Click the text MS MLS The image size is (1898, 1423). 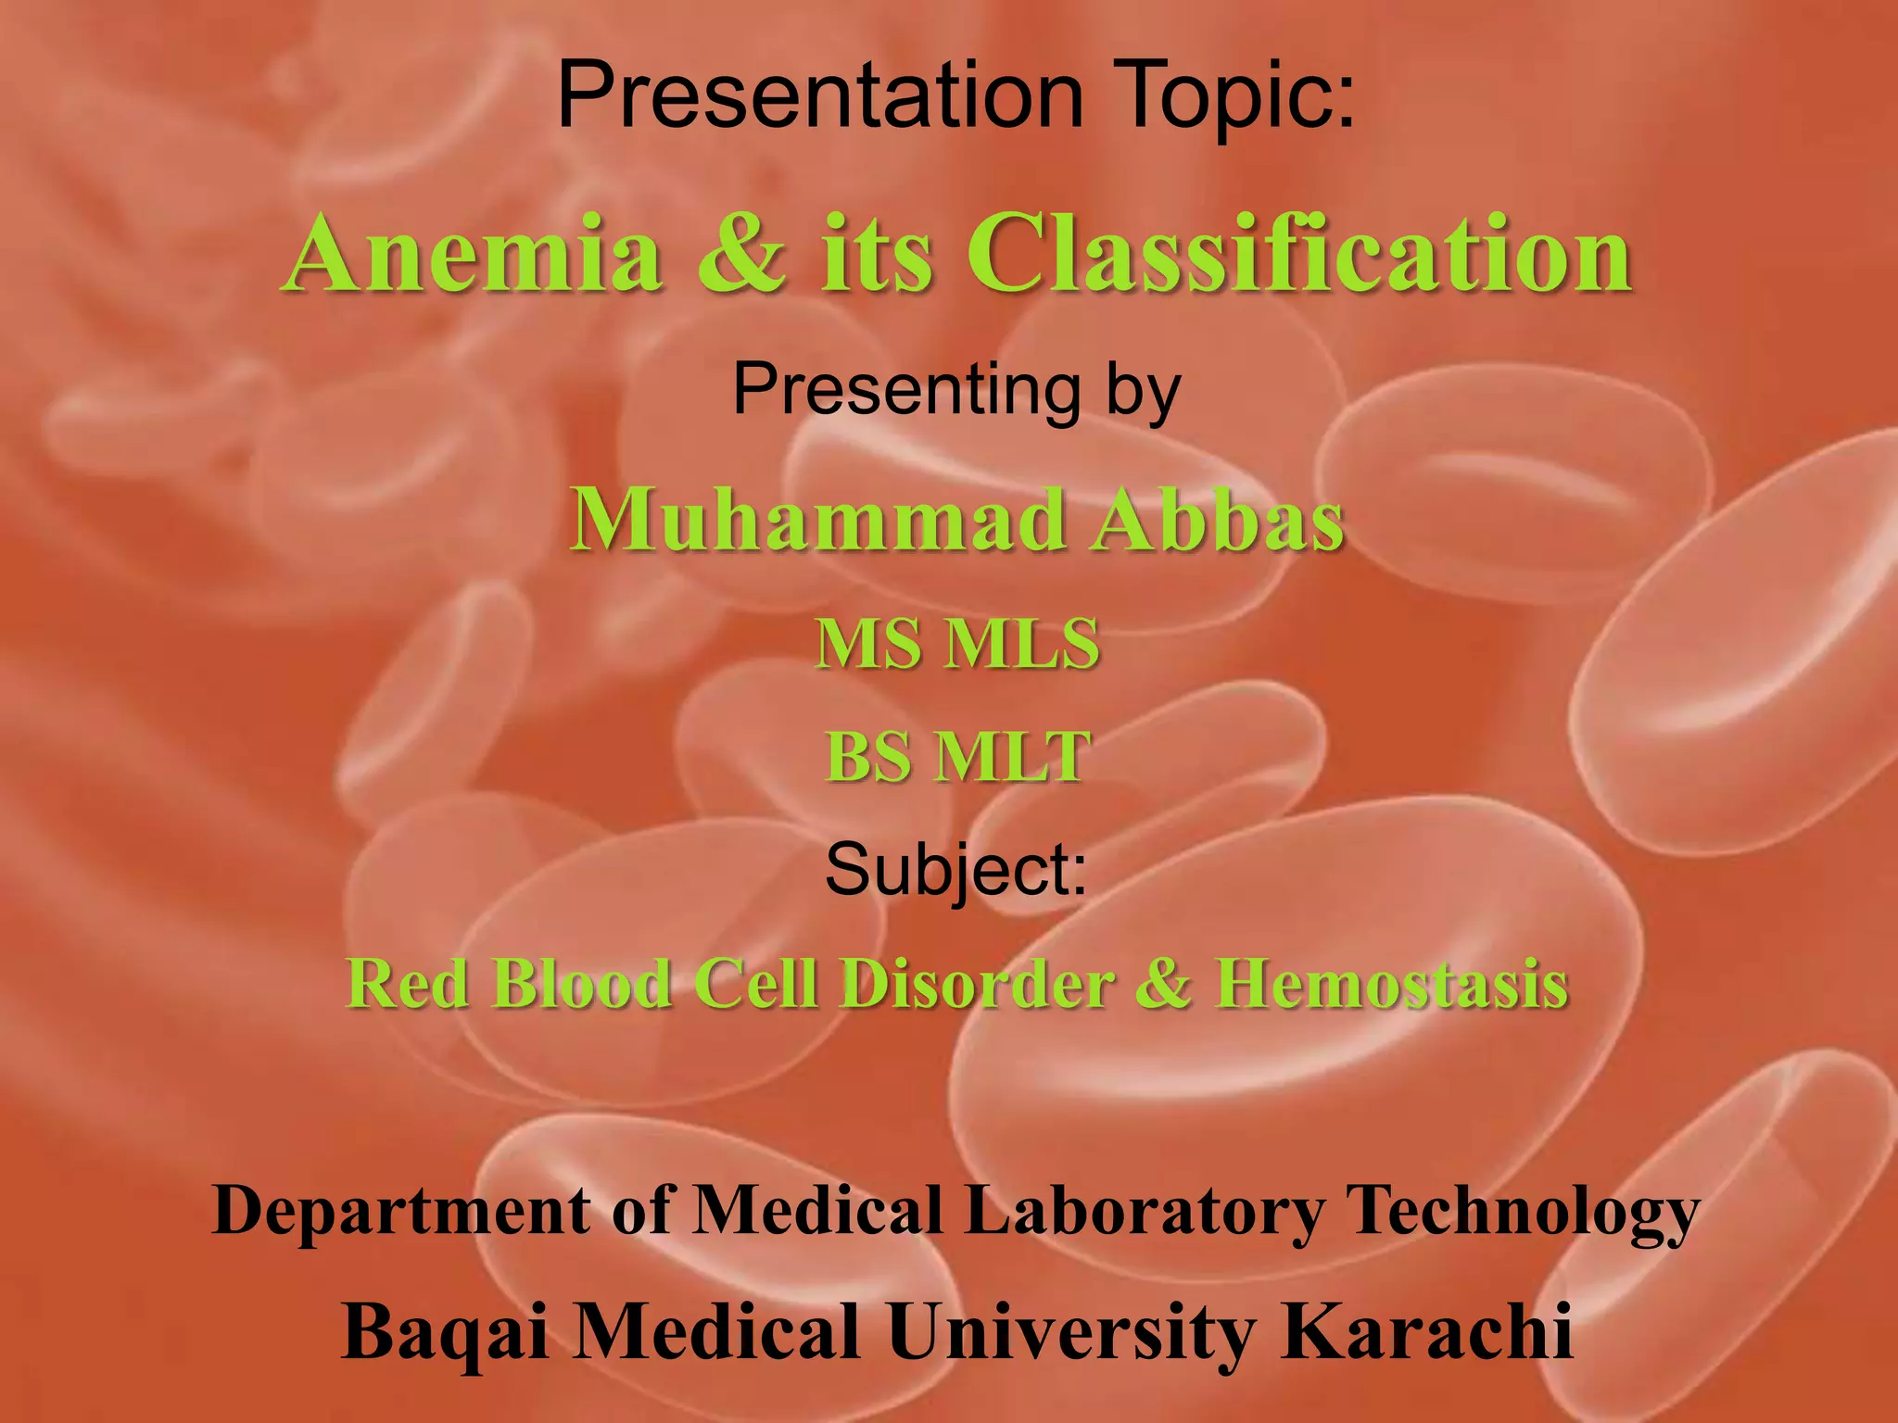tap(957, 643)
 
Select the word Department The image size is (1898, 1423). tap(400, 1211)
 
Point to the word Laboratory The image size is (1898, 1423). tap(1145, 1211)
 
